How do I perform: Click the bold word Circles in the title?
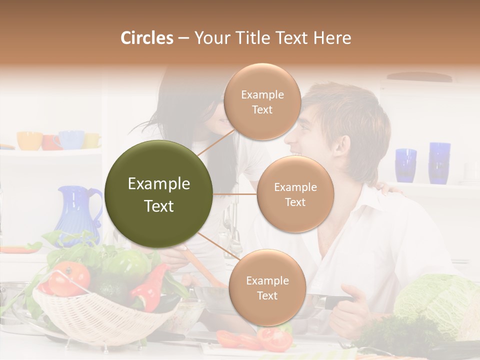[146, 38]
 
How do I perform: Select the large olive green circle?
[159, 194]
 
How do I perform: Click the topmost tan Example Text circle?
[262, 102]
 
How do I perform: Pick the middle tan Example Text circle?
[295, 194]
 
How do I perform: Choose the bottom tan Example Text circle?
[267, 288]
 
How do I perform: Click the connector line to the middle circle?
[235, 194]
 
